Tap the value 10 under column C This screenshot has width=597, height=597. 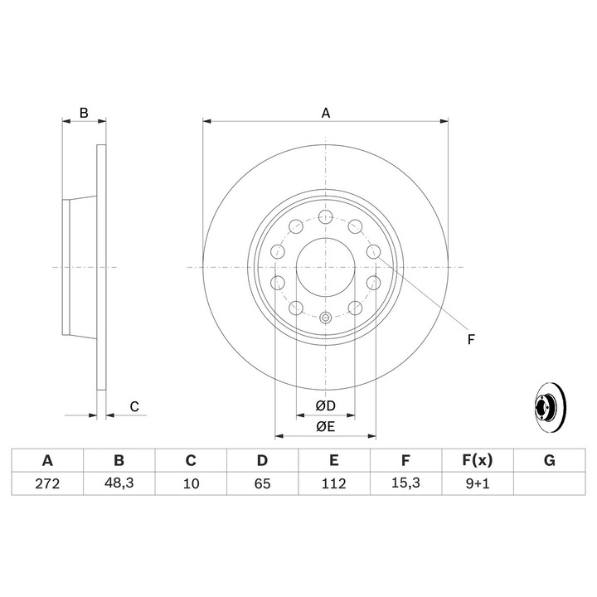coord(190,483)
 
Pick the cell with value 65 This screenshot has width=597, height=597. coord(261,483)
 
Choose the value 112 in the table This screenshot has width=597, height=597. coord(333,483)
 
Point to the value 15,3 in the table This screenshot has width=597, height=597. coord(405,483)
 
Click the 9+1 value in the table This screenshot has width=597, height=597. coord(477,483)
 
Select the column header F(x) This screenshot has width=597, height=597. coord(477,461)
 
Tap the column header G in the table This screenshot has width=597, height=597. coord(548,461)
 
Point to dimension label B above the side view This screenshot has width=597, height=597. coord(83,112)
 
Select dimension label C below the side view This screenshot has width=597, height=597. coord(133,406)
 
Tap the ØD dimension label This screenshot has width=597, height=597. coord(325,406)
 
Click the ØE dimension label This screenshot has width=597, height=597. coord(325,427)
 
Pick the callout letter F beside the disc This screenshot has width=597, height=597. coord(470,338)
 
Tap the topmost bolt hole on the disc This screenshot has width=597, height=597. coord(325,217)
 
